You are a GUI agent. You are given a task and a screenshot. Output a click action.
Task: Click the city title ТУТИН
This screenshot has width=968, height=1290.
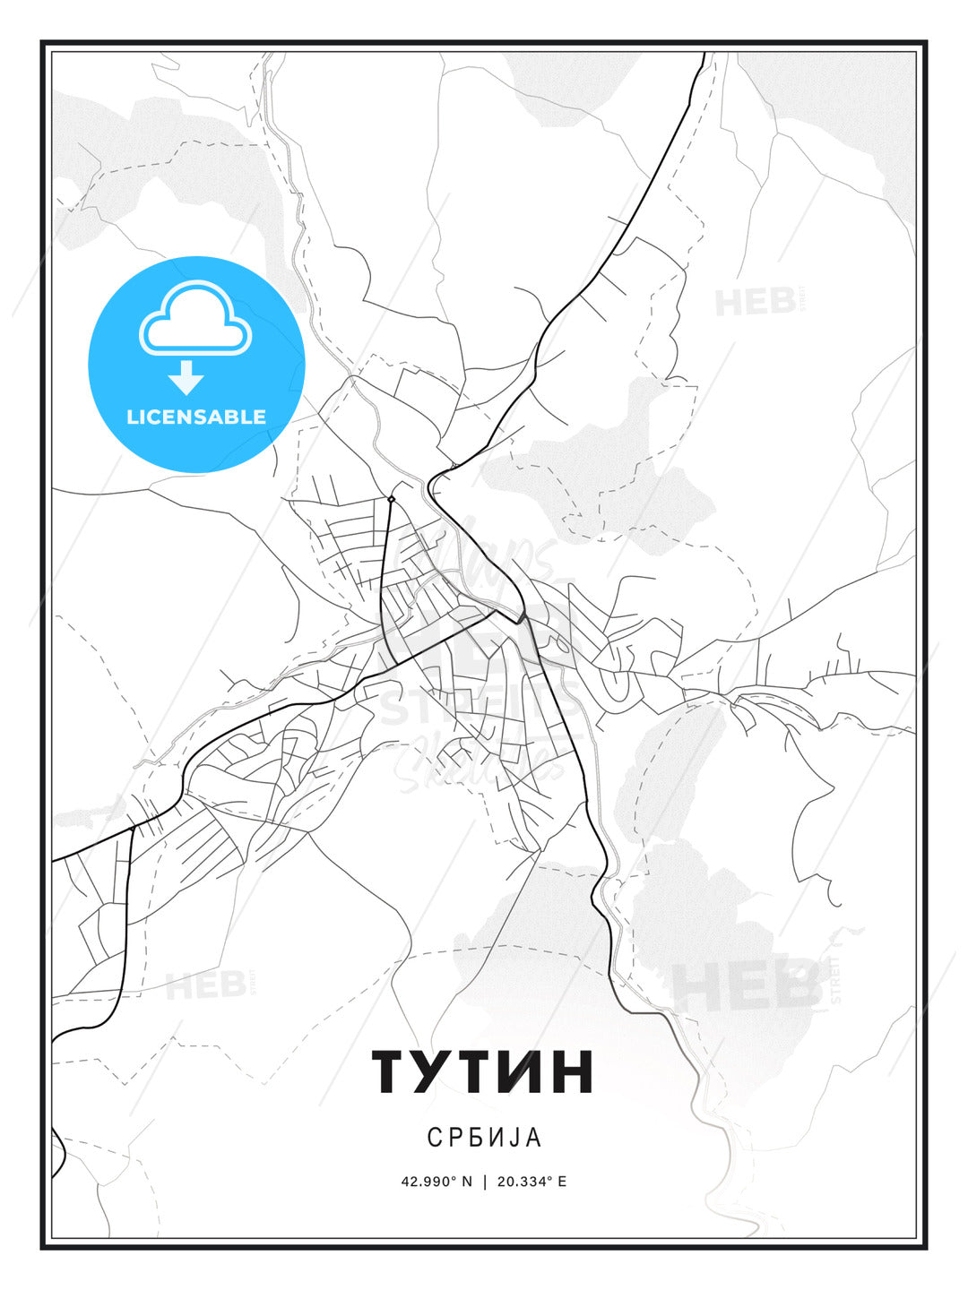(483, 1071)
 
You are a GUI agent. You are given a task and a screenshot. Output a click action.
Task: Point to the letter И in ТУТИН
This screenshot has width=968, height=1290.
(523, 1071)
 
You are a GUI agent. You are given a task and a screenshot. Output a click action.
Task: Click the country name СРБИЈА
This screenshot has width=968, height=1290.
(484, 1138)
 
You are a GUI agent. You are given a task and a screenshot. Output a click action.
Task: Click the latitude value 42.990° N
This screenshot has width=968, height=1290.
(436, 1182)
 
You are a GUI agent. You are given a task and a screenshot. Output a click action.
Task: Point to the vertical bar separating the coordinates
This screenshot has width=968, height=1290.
(485, 1182)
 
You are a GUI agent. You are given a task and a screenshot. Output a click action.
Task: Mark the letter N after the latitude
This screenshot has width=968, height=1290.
(466, 1182)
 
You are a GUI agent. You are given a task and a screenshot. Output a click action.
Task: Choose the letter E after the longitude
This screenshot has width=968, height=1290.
(562, 1182)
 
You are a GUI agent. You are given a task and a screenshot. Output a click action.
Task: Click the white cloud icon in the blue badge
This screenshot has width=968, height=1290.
(195, 318)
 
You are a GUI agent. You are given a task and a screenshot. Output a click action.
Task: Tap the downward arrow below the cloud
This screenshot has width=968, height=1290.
(186, 378)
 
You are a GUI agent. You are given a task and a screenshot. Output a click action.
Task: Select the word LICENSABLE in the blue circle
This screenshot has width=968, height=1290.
(196, 417)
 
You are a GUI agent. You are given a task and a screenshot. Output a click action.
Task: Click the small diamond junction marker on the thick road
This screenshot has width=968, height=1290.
(391, 499)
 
